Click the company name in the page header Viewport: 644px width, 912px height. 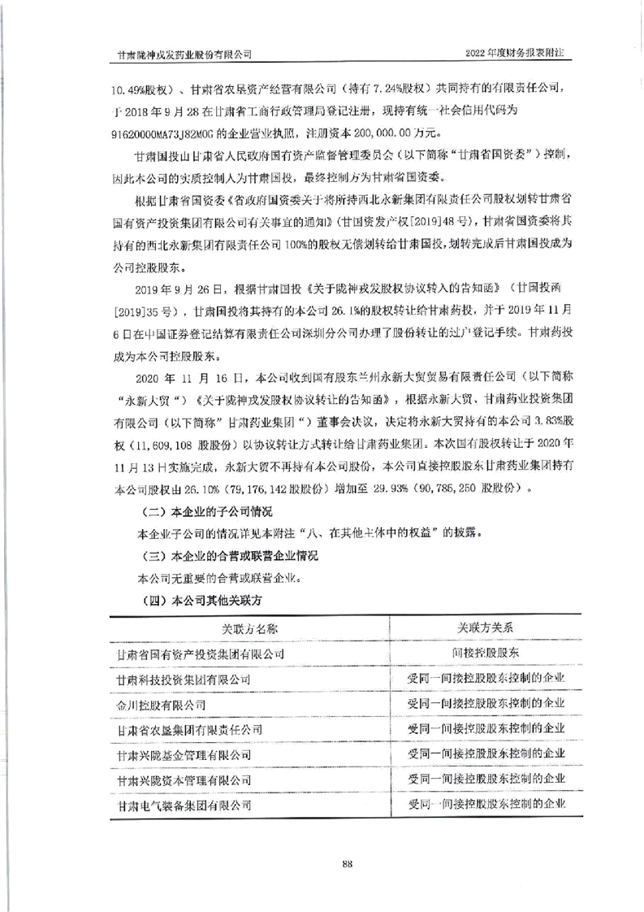pos(184,53)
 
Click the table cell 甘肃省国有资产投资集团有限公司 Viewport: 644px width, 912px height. pos(200,653)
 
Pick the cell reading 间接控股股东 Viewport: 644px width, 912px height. pos(486,653)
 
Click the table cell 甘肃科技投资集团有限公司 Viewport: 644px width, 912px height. pos(184,678)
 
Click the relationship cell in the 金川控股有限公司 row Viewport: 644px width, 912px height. pos(486,703)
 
